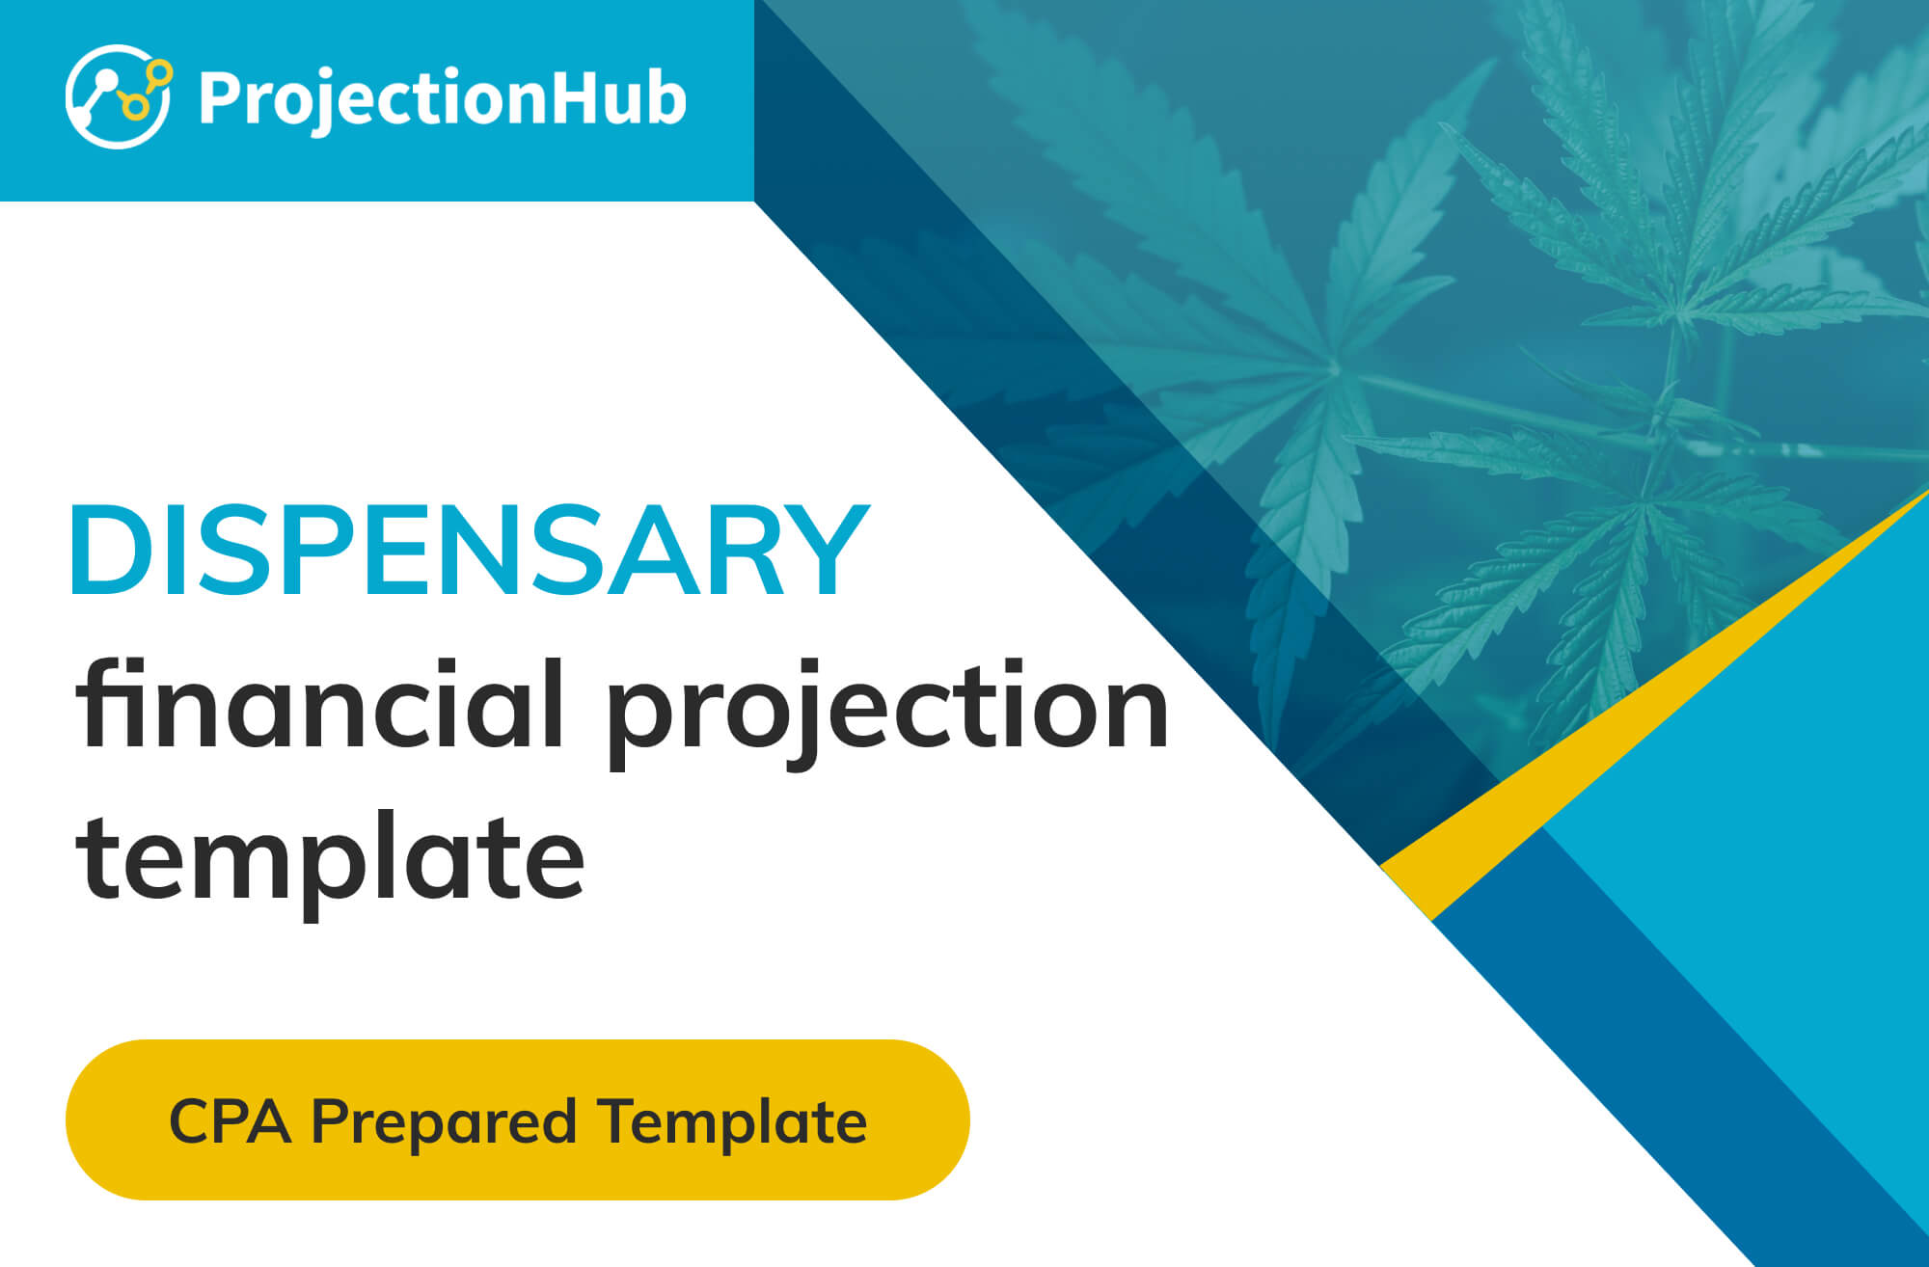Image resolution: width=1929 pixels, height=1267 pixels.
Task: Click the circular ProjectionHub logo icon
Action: (119, 96)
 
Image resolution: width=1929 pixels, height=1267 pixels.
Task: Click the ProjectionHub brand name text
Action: (442, 100)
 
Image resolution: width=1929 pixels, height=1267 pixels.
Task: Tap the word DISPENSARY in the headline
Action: (469, 549)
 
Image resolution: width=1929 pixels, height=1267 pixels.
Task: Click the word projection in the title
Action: (887, 714)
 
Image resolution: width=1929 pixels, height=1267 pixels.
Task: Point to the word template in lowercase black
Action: (331, 859)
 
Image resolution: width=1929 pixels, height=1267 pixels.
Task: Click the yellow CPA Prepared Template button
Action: (517, 1119)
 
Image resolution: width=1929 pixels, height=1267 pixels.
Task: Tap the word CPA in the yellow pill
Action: (230, 1121)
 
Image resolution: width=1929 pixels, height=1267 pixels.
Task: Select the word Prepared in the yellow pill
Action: (444, 1124)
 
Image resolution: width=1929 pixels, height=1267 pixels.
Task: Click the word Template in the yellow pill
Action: (732, 1124)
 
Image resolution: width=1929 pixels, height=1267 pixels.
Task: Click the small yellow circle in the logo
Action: (161, 71)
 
